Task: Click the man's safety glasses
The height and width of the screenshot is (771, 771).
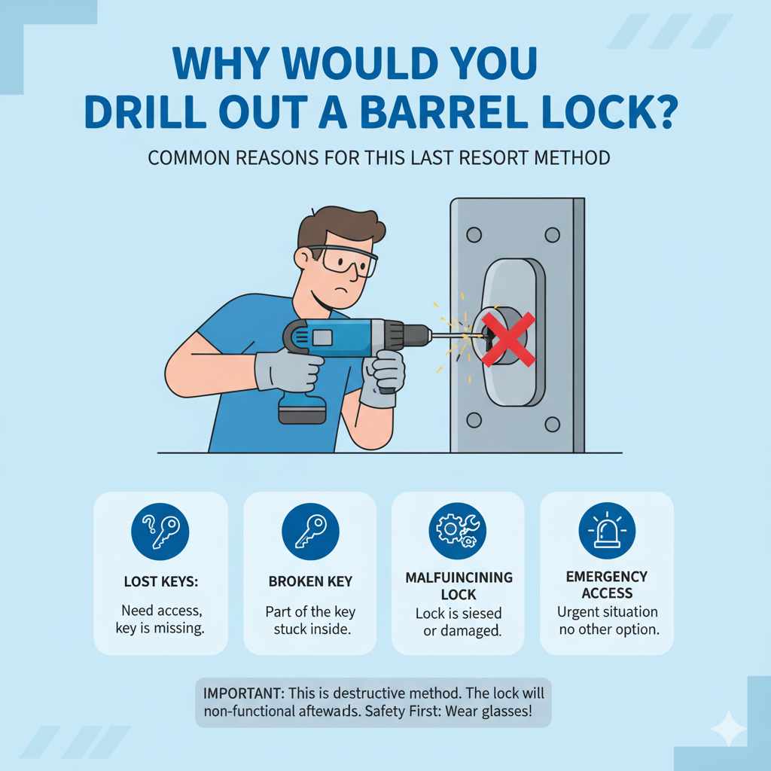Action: (x=348, y=261)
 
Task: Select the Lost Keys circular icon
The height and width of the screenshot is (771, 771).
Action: (x=160, y=531)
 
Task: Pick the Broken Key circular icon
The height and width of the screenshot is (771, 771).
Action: (x=309, y=531)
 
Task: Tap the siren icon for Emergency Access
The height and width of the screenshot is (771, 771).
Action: (x=607, y=529)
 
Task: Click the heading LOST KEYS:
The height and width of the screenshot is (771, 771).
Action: (x=160, y=582)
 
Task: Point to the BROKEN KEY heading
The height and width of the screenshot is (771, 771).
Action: (x=309, y=582)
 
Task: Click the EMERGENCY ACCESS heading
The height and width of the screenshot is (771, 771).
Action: (x=607, y=584)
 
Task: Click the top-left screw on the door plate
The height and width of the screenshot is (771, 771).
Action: (x=474, y=235)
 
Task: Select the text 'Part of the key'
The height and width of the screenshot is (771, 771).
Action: (x=309, y=612)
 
